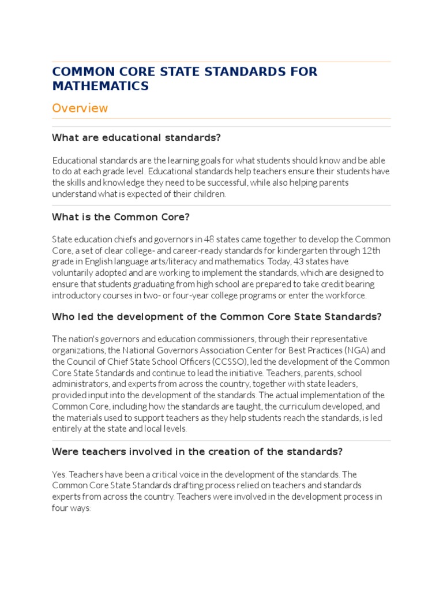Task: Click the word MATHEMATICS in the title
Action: (x=100, y=86)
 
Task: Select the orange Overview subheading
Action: (x=80, y=108)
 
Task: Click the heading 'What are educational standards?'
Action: (x=137, y=137)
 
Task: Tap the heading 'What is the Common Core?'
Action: (x=121, y=217)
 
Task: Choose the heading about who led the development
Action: (x=217, y=316)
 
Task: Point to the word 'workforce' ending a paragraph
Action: (x=346, y=295)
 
